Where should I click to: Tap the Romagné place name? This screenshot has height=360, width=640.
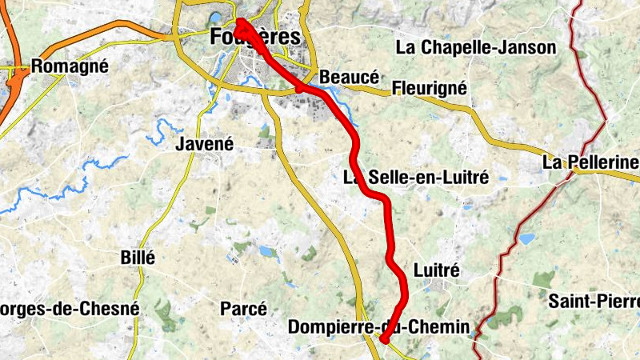(x=70, y=66)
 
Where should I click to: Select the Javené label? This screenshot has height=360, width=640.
(x=204, y=145)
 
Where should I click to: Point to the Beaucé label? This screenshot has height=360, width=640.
(x=348, y=78)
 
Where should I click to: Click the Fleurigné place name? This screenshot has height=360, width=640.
(x=428, y=87)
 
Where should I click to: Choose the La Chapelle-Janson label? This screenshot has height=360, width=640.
(x=476, y=48)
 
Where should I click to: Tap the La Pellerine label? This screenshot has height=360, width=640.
(x=590, y=163)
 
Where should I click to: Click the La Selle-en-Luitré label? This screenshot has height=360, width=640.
(x=415, y=178)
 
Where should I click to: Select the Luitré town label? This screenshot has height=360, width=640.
(x=437, y=270)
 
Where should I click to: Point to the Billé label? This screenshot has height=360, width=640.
(x=137, y=258)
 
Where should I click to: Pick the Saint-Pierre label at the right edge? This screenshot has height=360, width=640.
(x=594, y=302)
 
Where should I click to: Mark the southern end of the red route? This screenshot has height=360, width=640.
(x=385, y=341)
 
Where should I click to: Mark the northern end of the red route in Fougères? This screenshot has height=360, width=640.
(x=239, y=22)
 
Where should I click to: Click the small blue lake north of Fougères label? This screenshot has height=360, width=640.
(x=214, y=17)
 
